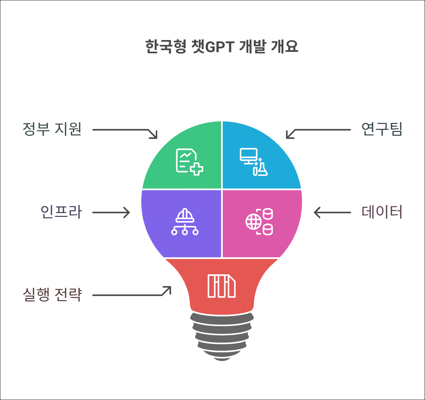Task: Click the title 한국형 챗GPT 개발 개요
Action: point(222,46)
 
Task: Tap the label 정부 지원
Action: point(52,129)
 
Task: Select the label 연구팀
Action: point(382,129)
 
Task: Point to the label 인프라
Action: point(61,212)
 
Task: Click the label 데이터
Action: point(382,212)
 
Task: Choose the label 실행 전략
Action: point(52,295)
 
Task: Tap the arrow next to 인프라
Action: point(111,212)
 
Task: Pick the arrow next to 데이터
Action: point(332,212)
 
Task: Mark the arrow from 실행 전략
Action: point(132,293)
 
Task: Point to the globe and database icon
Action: point(259,222)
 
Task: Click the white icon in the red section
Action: point(221,286)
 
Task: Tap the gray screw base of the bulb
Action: point(222,336)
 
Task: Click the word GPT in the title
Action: point(220,47)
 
